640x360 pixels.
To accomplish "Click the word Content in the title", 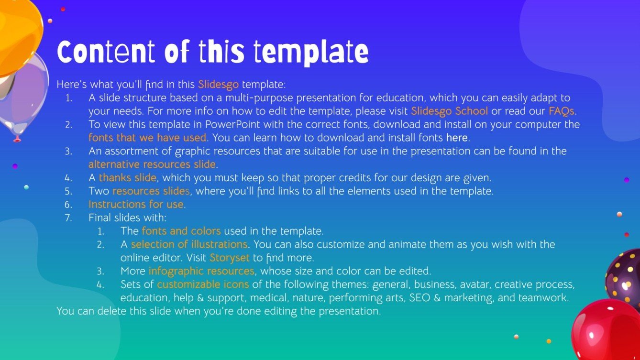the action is point(106,52).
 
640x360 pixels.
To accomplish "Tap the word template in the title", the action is point(311,53).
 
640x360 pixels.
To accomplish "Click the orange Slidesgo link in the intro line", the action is point(218,85).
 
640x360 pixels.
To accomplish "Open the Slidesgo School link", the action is point(450,111).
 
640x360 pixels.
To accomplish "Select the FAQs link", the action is point(561,111).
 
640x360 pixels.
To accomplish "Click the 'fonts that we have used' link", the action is point(147,138).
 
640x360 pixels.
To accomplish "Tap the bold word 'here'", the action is point(457,138).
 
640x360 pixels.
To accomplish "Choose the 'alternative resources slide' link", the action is point(152,164).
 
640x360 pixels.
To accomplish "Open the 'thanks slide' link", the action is point(127,177).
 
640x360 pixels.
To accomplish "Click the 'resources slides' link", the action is point(151,191).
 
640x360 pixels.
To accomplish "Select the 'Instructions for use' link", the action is point(136,205).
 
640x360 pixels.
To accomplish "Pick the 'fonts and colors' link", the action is point(181,231).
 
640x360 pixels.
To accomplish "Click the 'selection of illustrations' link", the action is point(189,244).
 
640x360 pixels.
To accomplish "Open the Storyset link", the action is point(230,258).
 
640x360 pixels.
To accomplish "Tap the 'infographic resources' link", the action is point(201,271).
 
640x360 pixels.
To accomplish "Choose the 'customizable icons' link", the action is point(203,284).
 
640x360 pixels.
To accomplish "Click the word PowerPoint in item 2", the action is point(232,124).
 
